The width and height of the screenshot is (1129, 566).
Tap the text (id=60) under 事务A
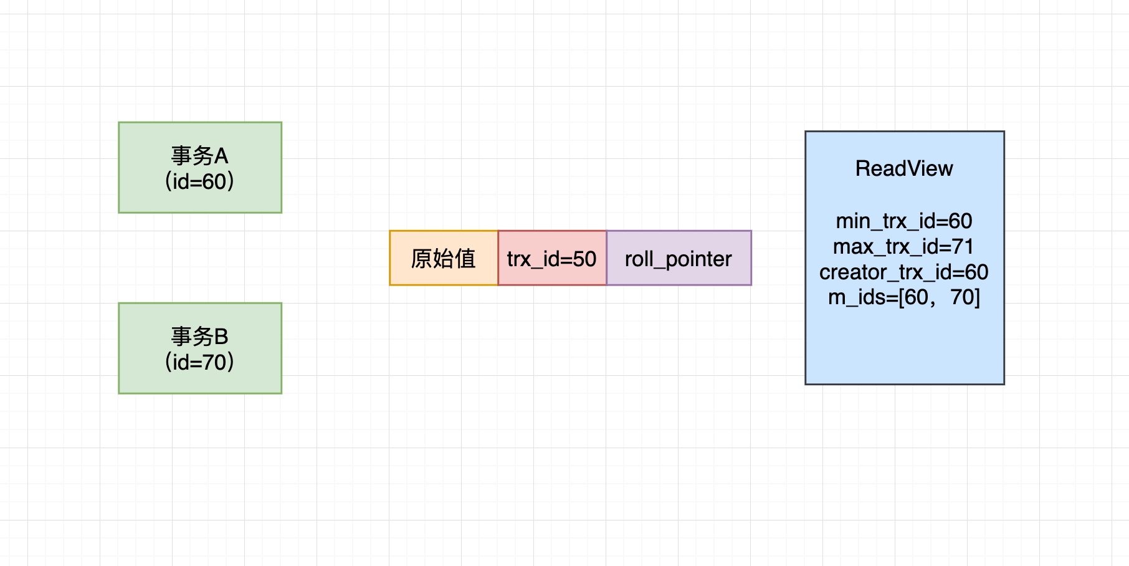pos(199,181)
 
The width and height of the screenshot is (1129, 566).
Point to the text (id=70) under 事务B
pos(199,362)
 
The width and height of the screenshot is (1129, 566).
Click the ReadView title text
pos(904,168)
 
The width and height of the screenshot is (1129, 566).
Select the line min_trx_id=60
pos(904,221)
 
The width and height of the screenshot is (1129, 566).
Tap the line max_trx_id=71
pos(903,247)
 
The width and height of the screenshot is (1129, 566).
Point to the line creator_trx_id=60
pos(903,272)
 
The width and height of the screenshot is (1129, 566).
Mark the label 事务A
pos(199,155)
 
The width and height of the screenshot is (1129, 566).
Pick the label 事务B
pos(199,337)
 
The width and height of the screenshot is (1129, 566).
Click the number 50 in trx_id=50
pos(584,259)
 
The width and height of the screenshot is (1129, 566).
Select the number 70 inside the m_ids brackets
pos(962,297)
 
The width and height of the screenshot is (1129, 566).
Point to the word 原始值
pos(443,258)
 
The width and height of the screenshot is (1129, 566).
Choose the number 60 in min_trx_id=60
pos(960,221)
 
